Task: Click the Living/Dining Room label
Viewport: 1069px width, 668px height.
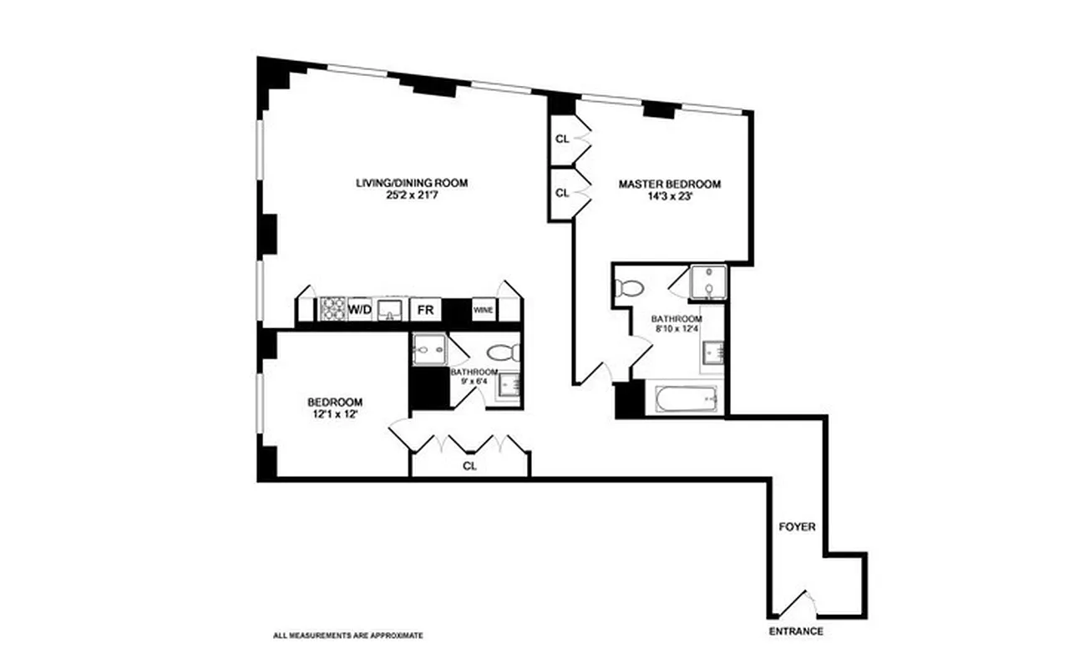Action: (412, 183)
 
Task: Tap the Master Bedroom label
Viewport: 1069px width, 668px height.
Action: (669, 184)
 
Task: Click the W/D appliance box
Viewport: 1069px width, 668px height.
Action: (359, 310)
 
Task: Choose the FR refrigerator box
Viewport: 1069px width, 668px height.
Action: (425, 310)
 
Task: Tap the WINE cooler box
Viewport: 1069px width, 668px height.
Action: (484, 310)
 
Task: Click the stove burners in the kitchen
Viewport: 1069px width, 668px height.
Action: (332, 310)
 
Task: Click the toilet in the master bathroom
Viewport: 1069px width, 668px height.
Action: (629, 288)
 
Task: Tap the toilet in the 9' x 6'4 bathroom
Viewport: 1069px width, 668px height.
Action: (504, 351)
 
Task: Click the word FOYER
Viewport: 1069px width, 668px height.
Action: (797, 528)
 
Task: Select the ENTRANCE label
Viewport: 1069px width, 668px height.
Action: (796, 631)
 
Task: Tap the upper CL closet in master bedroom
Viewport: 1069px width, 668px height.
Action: (562, 139)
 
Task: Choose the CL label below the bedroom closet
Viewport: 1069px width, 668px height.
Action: (469, 467)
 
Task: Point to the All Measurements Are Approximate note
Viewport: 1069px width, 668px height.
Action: (347, 636)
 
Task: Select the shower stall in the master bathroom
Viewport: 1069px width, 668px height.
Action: (708, 282)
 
